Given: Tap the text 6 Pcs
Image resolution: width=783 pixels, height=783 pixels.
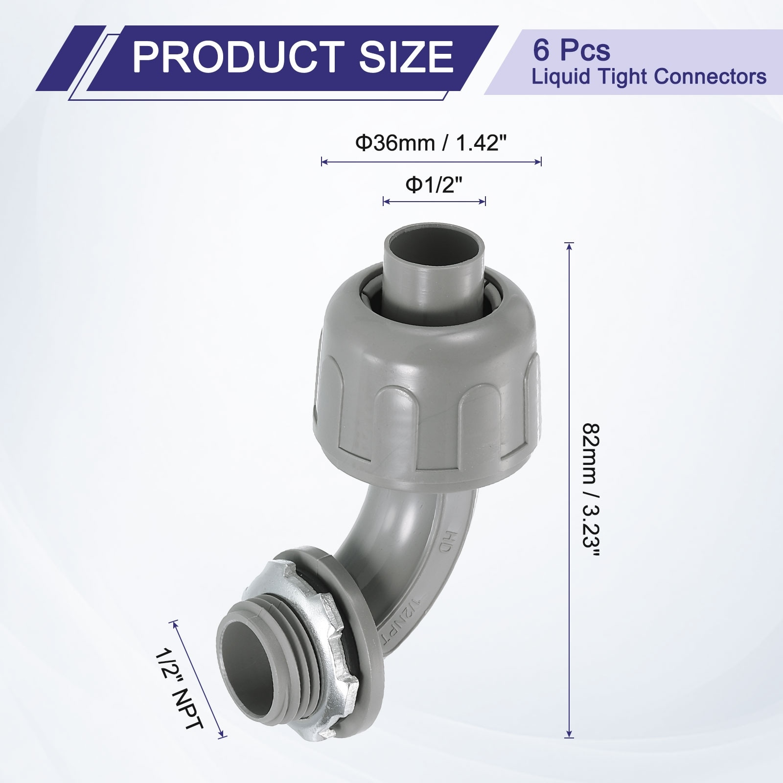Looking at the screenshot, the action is tap(572, 50).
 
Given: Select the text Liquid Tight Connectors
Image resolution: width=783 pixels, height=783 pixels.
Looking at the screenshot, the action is tap(649, 77).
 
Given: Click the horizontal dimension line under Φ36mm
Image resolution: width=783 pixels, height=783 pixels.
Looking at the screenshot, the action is tap(431, 162).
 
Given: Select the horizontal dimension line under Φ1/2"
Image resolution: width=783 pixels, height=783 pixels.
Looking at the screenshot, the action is tap(434, 201).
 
